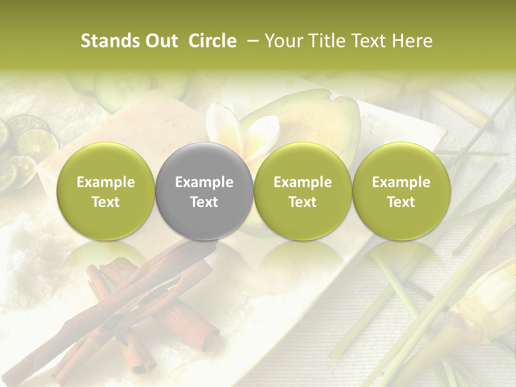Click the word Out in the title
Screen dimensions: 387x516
pyautogui.click(x=162, y=41)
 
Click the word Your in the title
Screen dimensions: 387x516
pyautogui.click(x=283, y=41)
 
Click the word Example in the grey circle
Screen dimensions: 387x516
pyautogui.click(x=204, y=182)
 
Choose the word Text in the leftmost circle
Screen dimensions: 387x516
pyautogui.click(x=106, y=202)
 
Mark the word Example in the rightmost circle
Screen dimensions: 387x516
pyautogui.click(x=401, y=182)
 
